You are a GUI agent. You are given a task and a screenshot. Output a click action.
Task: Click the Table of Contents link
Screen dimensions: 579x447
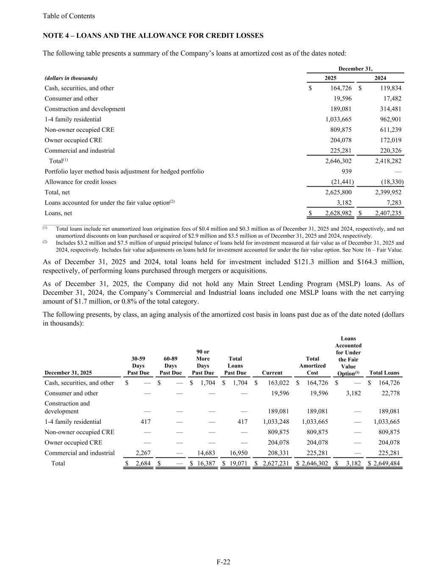click(x=69, y=16)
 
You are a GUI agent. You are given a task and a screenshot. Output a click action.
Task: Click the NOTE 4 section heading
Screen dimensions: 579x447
click(x=153, y=36)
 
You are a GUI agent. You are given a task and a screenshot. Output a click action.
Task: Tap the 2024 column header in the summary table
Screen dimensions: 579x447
click(x=380, y=78)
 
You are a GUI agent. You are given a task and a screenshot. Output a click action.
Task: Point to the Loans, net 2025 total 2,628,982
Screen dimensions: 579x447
click(x=335, y=213)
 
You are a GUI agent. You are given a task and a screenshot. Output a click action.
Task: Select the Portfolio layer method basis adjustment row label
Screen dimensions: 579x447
click(x=124, y=171)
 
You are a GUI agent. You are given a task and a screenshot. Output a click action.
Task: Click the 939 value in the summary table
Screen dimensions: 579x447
click(x=346, y=171)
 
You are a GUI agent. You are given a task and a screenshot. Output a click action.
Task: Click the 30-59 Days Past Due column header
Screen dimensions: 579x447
click(x=138, y=366)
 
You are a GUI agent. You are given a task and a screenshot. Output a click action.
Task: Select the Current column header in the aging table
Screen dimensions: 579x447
click(x=272, y=373)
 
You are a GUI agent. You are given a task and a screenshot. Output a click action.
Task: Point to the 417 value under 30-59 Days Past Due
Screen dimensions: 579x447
click(x=145, y=422)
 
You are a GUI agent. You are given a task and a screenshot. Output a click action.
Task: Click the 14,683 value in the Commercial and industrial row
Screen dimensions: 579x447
click(x=207, y=453)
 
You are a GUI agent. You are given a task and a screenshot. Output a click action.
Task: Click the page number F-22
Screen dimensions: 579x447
click(x=223, y=562)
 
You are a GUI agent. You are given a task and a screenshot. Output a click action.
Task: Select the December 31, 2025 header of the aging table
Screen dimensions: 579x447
click(x=68, y=373)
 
